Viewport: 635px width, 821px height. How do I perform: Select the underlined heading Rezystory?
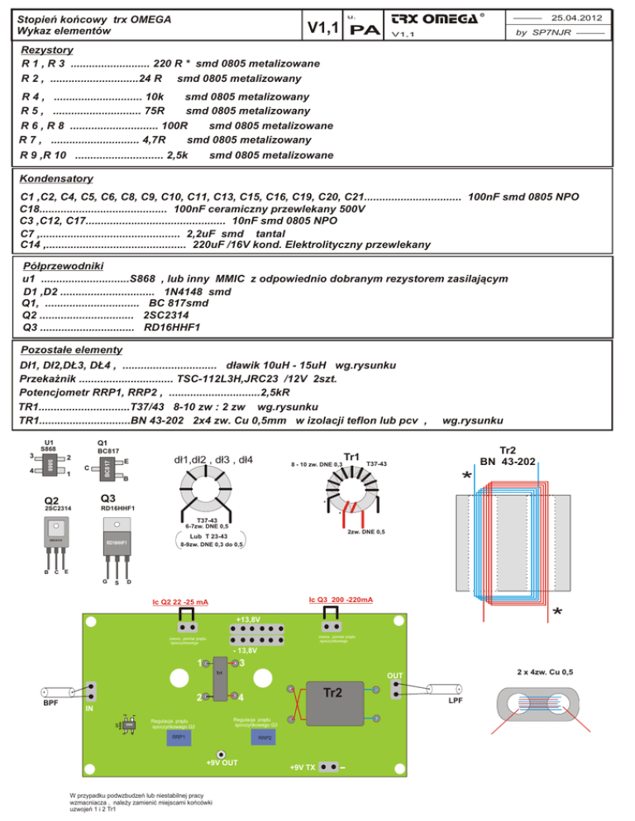[x=48, y=50]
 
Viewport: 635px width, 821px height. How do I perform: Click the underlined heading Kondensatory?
[x=56, y=179]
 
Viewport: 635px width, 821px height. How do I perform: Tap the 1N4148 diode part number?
[x=197, y=292]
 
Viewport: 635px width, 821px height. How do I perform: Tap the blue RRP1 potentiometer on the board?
[x=178, y=737]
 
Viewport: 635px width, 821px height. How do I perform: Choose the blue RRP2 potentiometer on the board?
[x=265, y=738]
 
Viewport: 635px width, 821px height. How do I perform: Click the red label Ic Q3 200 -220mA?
[x=340, y=599]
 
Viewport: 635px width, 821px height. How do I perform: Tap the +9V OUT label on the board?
[x=221, y=761]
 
